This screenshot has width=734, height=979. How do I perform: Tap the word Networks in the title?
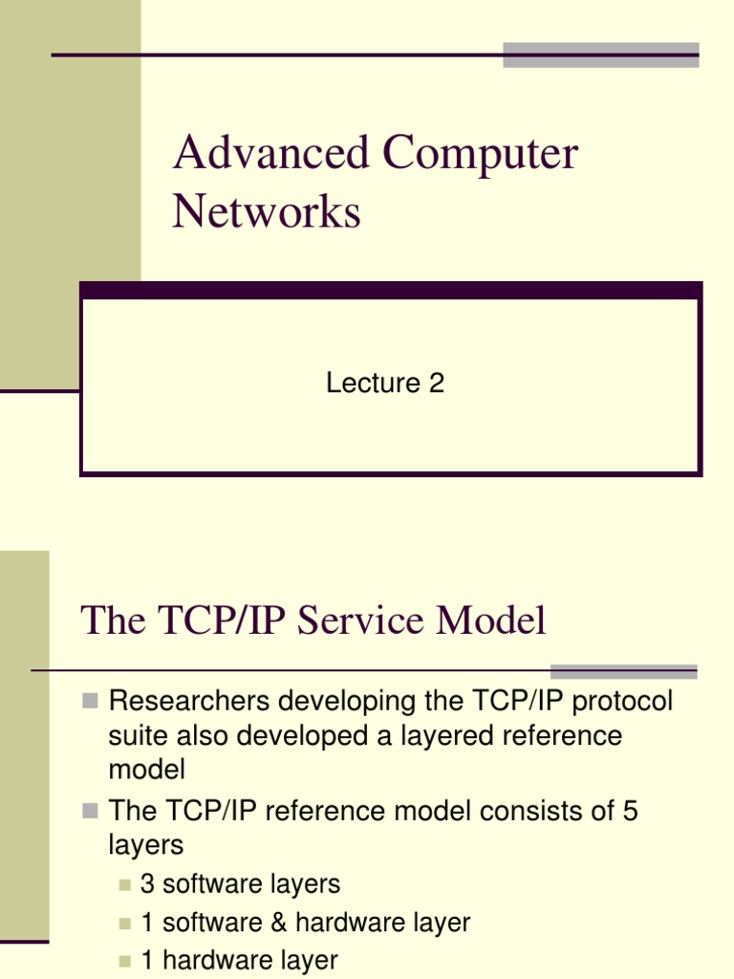pyautogui.click(x=267, y=210)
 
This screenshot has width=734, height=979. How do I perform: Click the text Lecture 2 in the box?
pyautogui.click(x=385, y=383)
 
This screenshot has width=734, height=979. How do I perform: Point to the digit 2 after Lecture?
pyautogui.click(x=437, y=383)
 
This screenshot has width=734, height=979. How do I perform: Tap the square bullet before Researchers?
pyautogui.click(x=90, y=701)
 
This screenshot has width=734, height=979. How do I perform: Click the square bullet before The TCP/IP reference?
pyautogui.click(x=90, y=811)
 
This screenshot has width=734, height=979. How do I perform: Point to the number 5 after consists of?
pyautogui.click(x=630, y=812)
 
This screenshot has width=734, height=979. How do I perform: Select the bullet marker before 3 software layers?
pyautogui.click(x=125, y=885)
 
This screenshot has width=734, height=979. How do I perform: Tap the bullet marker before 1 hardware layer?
pyautogui.click(x=125, y=961)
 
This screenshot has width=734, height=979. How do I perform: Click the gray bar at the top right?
pyautogui.click(x=600, y=54)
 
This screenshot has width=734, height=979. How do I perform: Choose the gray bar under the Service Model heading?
pyautogui.click(x=623, y=671)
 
